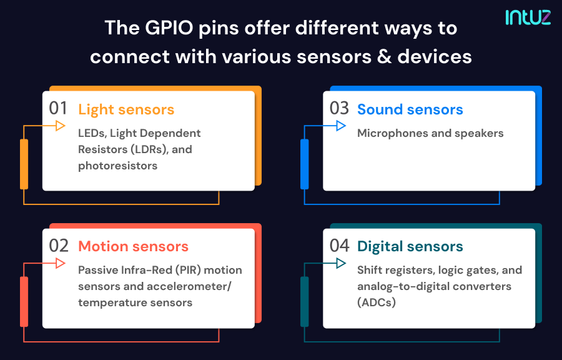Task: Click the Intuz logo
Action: pos(528,16)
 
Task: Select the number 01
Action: pos(58,108)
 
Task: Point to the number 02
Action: pos(58,246)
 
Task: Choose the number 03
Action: pos(339,108)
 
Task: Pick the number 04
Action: pos(339,246)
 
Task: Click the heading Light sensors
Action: pos(126,109)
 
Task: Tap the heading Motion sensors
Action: pos(133,246)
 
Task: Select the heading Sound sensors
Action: pos(410,109)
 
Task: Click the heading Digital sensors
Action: pos(410,246)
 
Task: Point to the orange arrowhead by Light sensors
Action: pos(61,126)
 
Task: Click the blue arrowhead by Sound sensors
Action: pos(341,126)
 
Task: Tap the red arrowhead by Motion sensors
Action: pos(61,264)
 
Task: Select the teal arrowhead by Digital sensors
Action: pos(341,264)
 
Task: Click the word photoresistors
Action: pos(117,166)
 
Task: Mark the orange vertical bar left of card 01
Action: pos(24,164)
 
